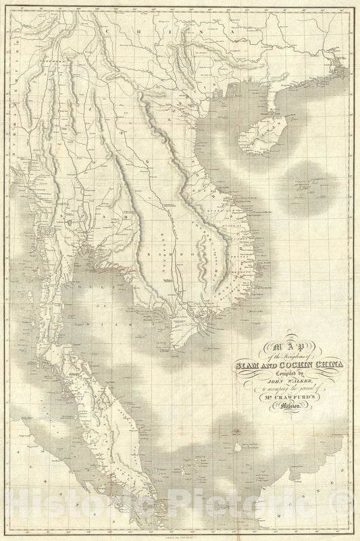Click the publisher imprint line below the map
(180, 533)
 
